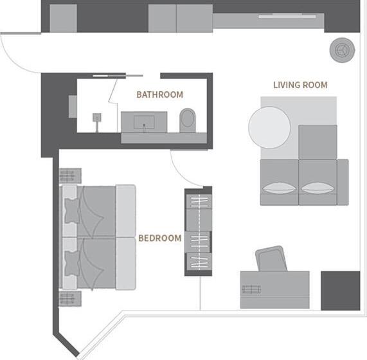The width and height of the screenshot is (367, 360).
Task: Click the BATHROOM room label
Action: [x=159, y=94]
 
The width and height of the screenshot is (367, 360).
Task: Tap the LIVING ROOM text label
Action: [x=300, y=85]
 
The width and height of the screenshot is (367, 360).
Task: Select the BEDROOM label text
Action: [x=160, y=238]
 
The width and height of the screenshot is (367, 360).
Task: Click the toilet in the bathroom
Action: [x=188, y=120]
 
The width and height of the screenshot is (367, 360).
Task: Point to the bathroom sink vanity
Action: [x=144, y=122]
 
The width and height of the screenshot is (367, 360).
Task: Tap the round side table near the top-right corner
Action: [x=341, y=48]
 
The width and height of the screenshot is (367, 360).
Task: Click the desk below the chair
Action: [x=274, y=290]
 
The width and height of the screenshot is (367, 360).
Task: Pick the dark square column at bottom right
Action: [x=340, y=291]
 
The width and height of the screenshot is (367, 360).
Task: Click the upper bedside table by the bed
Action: [x=69, y=175]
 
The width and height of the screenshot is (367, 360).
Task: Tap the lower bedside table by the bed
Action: [x=69, y=299]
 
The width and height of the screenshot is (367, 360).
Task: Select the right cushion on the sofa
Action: [x=318, y=188]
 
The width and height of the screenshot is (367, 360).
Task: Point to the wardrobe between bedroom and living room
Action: [x=198, y=231]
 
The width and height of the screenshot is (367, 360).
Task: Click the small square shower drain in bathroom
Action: [x=98, y=118]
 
